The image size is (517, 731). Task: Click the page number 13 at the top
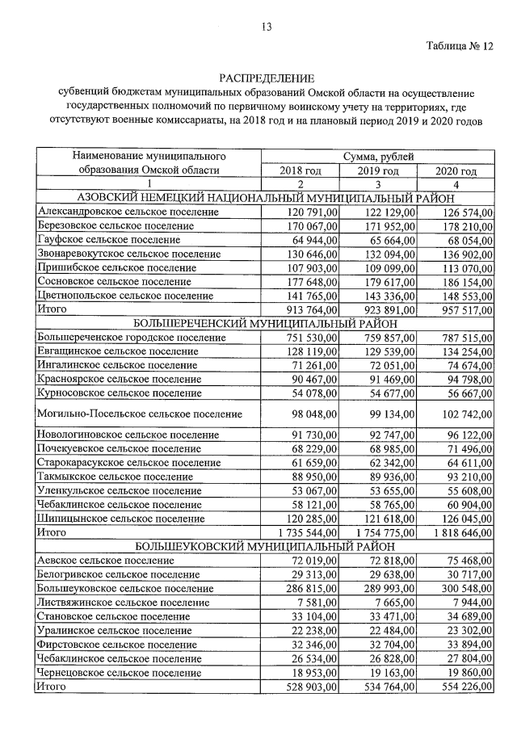pos(266,27)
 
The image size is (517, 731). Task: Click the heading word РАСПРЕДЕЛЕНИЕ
pos(266,78)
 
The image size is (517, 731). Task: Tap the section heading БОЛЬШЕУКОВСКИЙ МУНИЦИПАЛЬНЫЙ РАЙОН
pos(266,545)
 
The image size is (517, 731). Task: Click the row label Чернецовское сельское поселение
pos(120,672)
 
